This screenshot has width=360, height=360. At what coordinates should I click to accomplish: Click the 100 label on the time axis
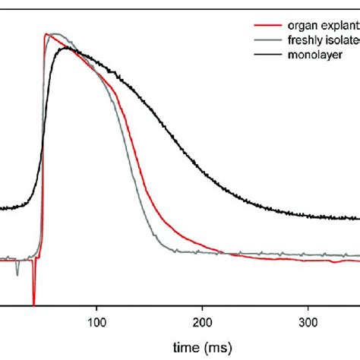click(96, 321)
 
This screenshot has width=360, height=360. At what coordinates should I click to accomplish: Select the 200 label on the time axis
click(202, 321)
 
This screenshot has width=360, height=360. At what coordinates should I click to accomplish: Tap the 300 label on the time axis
click(308, 321)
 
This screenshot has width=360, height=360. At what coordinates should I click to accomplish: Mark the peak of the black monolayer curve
click(68, 48)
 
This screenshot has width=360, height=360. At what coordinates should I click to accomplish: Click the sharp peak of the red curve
click(47, 34)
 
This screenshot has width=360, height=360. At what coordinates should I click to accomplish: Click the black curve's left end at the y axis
click(2, 208)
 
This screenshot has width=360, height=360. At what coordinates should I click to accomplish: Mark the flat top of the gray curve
click(57, 34)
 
